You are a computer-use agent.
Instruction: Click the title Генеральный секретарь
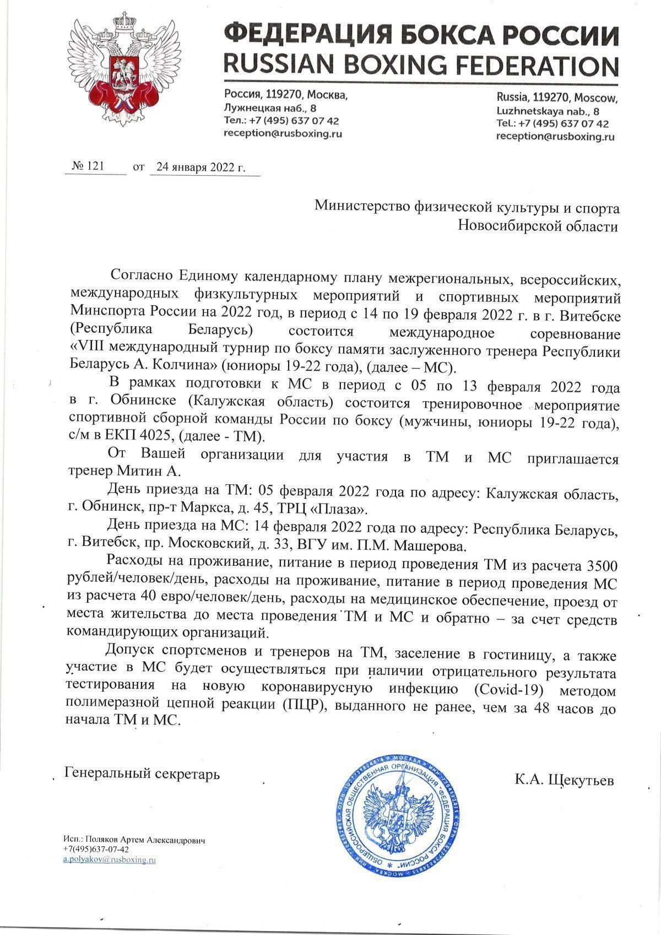[x=142, y=774]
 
